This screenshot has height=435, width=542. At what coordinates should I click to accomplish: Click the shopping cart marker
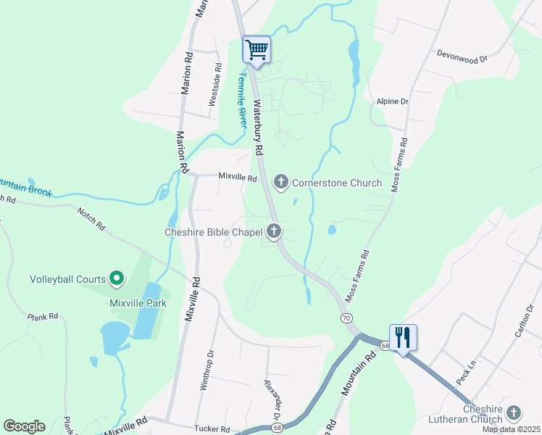coord(257,50)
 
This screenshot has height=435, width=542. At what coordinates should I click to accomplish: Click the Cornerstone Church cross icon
coord(281,182)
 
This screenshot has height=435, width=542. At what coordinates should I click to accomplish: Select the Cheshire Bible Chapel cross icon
coord(273,232)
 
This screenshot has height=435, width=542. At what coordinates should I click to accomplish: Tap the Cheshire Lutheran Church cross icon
coord(514,413)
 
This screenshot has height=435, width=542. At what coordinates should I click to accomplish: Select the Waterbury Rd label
coord(257,126)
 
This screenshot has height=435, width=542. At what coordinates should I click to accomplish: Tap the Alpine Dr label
coord(393,101)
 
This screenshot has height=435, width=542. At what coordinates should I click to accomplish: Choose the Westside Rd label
coord(214,85)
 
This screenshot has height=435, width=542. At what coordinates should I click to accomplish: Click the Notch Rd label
coord(91,217)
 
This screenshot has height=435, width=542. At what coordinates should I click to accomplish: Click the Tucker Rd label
coord(212,428)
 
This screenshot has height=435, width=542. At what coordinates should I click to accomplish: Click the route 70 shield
coord(346,318)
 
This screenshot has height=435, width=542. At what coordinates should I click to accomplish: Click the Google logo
coord(24,426)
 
